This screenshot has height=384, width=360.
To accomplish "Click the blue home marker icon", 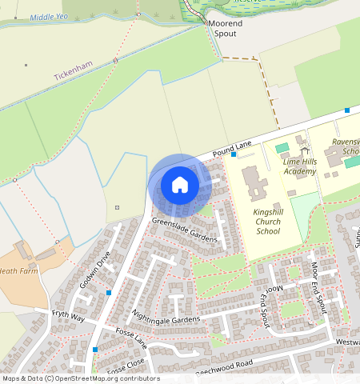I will click(x=180, y=186).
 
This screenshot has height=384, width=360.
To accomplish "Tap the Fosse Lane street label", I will click(x=131, y=338).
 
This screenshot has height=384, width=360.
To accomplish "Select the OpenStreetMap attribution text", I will click(x=80, y=378).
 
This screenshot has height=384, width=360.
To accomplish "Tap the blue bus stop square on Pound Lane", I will click(x=234, y=154).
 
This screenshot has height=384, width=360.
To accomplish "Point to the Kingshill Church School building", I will click(x=255, y=183).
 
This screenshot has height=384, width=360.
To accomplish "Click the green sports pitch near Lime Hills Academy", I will click(x=282, y=148).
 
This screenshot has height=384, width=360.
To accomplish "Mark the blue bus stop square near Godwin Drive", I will click(x=108, y=293).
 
